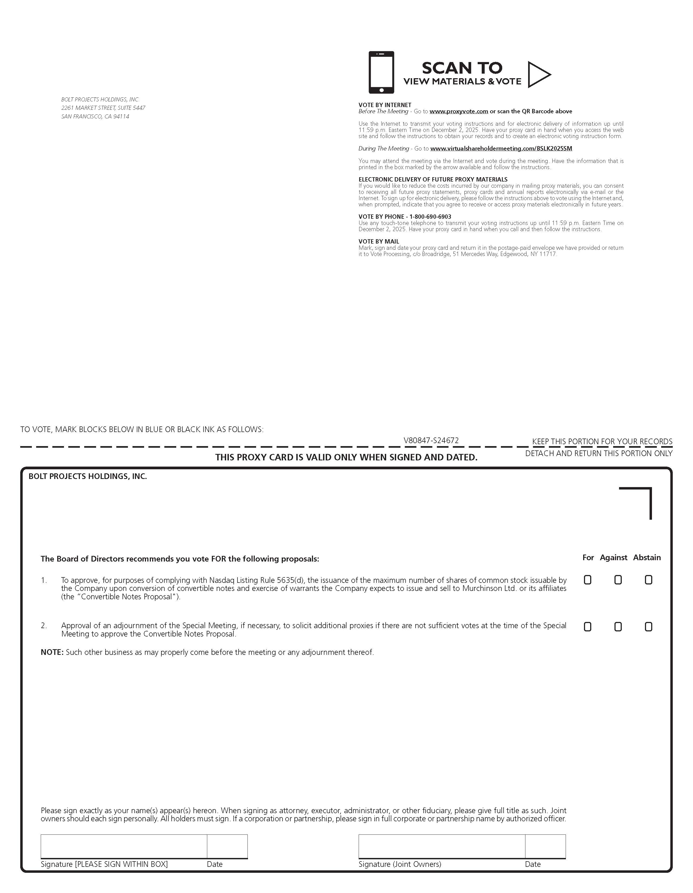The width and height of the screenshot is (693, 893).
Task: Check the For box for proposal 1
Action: point(587,580)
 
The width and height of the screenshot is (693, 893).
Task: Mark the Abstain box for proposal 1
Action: point(648,580)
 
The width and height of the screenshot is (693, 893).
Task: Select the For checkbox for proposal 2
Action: point(587,627)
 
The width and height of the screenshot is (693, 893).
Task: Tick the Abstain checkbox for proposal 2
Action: point(648,627)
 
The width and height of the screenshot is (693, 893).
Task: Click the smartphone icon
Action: point(381,72)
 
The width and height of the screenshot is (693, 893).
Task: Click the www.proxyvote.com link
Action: point(458,111)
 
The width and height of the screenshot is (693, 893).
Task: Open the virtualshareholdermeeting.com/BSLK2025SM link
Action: point(501,148)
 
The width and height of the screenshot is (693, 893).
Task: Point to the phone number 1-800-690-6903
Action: point(430,217)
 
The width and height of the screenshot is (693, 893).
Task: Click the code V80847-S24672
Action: point(431,440)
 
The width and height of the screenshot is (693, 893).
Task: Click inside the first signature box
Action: point(124,846)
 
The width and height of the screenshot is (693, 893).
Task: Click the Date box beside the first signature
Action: point(227,846)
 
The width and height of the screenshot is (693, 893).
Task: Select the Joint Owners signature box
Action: point(442,846)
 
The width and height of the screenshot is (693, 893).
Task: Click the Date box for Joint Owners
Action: point(545,846)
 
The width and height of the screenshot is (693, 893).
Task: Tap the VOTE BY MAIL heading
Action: point(379,242)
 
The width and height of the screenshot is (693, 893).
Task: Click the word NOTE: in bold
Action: point(52,652)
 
